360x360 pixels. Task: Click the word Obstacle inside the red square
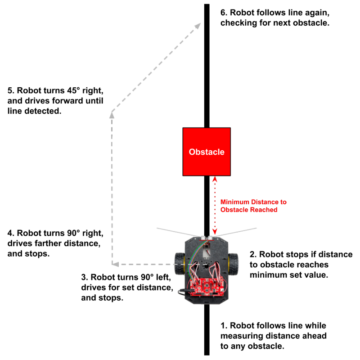coord(207,152)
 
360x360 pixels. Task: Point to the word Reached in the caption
coord(265,210)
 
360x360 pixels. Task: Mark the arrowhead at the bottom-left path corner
coord(115,264)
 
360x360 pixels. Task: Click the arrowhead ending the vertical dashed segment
coord(112,115)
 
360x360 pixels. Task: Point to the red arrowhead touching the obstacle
coord(215,179)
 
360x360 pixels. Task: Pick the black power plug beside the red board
coord(182,292)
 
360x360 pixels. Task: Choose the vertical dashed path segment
coord(112,189)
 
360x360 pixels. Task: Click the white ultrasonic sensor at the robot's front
coord(207,237)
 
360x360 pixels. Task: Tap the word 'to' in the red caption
coord(282,202)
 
